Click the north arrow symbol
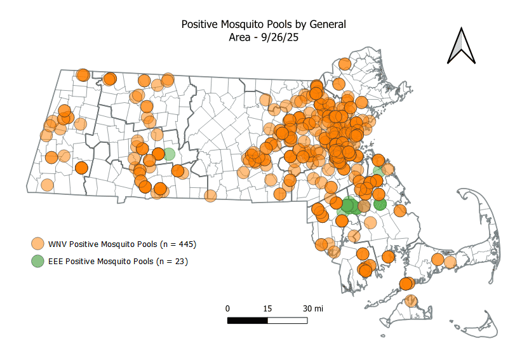pyautogui.click(x=461, y=46)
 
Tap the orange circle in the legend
pyautogui.click(x=38, y=244)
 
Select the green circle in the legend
pyautogui.click(x=38, y=260)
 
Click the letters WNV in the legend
pyautogui.click(x=58, y=244)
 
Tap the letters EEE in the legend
pyautogui.click(x=57, y=260)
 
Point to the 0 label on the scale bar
pyautogui.click(x=228, y=308)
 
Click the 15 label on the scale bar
pyautogui.click(x=267, y=308)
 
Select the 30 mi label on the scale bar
pyautogui.click(x=312, y=308)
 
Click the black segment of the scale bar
pyautogui.click(x=248, y=319)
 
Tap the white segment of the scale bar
pyautogui.click(x=288, y=319)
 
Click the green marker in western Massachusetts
pyautogui.click(x=169, y=154)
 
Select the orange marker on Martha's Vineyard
pyautogui.click(x=412, y=300)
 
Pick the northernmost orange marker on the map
pyautogui.click(x=345, y=63)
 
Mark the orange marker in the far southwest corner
pyautogui.click(x=47, y=185)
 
